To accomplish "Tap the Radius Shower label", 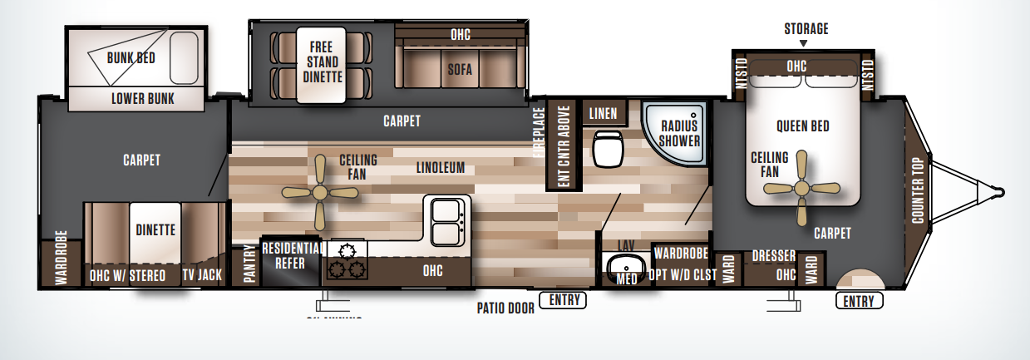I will click(680, 133).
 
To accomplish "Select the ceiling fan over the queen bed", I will click(801, 188).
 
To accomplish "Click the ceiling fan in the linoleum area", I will click(320, 191).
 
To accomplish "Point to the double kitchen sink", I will click(446, 219).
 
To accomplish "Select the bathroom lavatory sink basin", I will click(625, 268).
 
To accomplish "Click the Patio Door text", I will click(505, 308).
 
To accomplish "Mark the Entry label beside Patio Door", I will click(563, 300).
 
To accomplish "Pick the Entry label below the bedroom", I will click(859, 301).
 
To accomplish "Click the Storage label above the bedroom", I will click(806, 29).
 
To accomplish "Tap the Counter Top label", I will click(918, 190).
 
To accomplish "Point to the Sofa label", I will click(459, 70).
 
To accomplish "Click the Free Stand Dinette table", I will click(321, 66).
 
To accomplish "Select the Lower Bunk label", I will click(143, 99).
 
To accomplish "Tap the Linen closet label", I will click(603, 113).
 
